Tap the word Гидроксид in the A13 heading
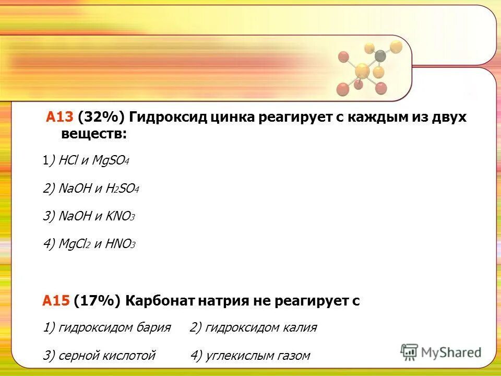click(x=166, y=118)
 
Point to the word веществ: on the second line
click(x=94, y=134)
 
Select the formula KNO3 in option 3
click(x=120, y=216)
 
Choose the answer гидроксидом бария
click(x=114, y=328)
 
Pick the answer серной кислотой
click(x=106, y=356)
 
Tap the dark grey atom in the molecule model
click(x=380, y=55)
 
